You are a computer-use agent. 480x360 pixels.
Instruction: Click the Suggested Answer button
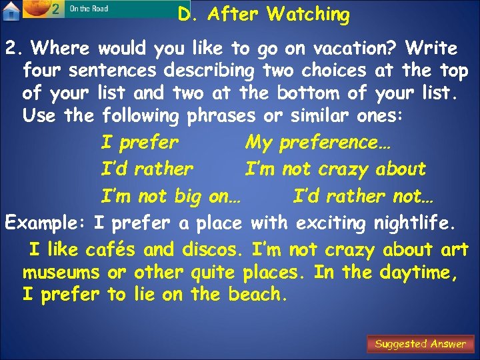[420, 344]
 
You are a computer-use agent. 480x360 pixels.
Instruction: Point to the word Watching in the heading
[308, 14]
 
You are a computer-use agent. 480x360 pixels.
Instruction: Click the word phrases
[221, 116]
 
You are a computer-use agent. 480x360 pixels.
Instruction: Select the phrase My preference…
[319, 143]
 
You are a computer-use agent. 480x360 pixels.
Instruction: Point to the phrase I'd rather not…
[363, 197]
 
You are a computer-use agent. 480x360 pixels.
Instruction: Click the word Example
[45, 223]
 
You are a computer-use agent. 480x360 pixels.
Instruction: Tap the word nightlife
[419, 223]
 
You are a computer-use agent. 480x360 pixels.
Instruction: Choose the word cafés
[111, 250]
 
